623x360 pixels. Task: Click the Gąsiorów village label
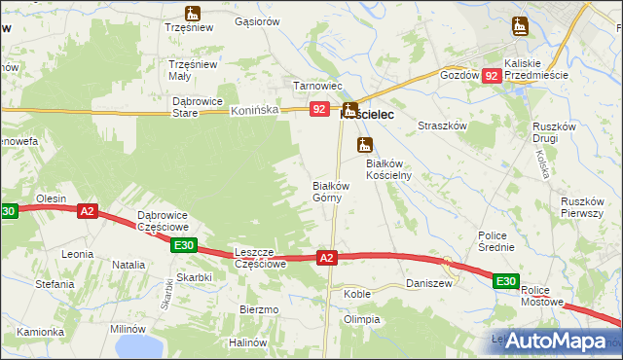[x=258, y=20]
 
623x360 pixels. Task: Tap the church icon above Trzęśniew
[x=192, y=14]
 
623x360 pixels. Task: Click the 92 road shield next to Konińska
[x=320, y=111]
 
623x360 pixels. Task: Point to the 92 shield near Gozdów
[x=493, y=75]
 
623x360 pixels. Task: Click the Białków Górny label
[x=328, y=191]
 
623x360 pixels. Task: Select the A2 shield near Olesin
[x=88, y=210]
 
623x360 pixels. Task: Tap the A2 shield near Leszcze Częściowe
[x=327, y=258]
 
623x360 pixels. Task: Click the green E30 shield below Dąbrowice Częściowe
[x=185, y=245]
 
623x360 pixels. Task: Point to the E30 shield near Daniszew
[x=504, y=282]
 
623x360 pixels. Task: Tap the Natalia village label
[x=128, y=264]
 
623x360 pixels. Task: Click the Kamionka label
[x=40, y=332]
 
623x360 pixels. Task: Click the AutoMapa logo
[x=554, y=341]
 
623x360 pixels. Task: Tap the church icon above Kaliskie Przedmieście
[x=516, y=27]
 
